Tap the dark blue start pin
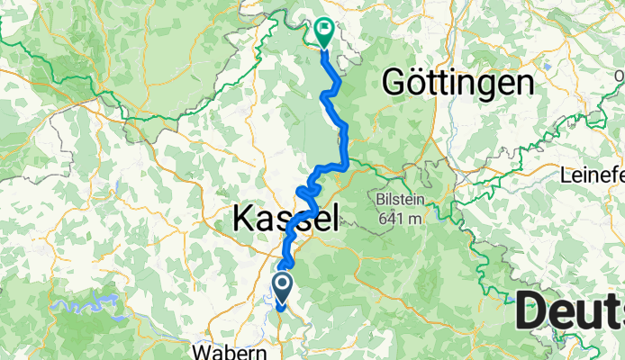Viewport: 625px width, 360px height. (x=282, y=287)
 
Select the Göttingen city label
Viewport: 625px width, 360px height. (x=457, y=83)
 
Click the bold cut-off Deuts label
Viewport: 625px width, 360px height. (x=570, y=312)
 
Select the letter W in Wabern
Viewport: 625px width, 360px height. (x=202, y=348)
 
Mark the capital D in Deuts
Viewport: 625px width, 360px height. (x=531, y=312)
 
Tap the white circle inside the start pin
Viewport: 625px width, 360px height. (x=282, y=283)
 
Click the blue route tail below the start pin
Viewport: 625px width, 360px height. (x=281, y=307)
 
